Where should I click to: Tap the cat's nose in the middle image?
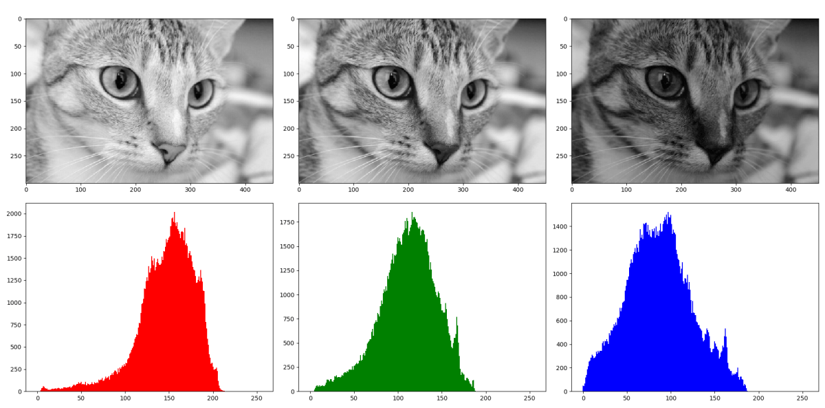(442, 150)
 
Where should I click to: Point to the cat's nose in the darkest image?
(715, 150)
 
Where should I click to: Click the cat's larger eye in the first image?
(120, 81)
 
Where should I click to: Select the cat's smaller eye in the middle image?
(473, 93)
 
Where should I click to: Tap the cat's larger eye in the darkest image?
(665, 81)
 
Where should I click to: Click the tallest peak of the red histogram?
(175, 213)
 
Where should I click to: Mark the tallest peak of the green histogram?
(412, 213)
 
